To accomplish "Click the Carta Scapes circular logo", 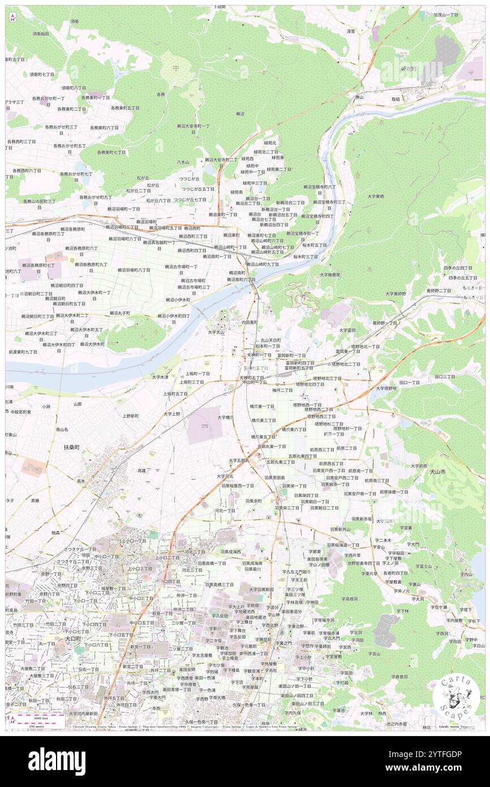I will (456, 697).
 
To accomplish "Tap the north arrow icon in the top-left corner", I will (12, 17).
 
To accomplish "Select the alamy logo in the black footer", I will (57, 761).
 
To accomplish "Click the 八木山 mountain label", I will (182, 162).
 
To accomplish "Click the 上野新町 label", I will (131, 416).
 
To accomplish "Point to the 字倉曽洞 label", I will (399, 677).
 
